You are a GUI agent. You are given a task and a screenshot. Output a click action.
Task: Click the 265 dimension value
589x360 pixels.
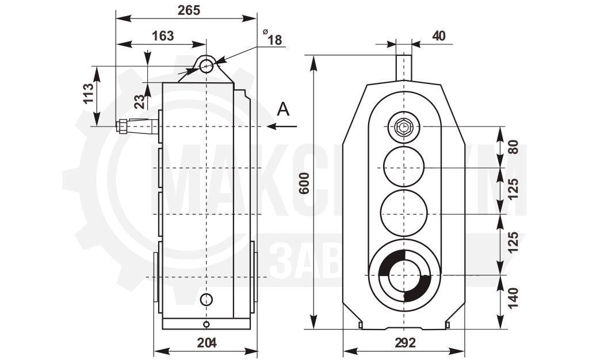point(189,10)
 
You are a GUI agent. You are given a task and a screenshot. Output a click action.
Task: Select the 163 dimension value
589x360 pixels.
point(163,36)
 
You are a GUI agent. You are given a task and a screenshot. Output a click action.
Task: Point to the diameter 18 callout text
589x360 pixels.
point(272,38)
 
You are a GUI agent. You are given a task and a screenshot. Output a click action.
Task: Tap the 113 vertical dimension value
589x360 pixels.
point(88,94)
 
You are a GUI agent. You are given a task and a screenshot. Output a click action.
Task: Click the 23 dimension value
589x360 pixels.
point(139,101)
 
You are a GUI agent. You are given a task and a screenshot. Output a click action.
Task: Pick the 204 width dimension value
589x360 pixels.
point(206,342)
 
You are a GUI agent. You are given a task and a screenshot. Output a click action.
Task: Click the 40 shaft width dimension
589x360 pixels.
point(439,36)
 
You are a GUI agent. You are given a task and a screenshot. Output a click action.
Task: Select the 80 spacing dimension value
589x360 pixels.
point(513,147)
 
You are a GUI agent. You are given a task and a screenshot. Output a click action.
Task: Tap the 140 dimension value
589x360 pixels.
point(513,298)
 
